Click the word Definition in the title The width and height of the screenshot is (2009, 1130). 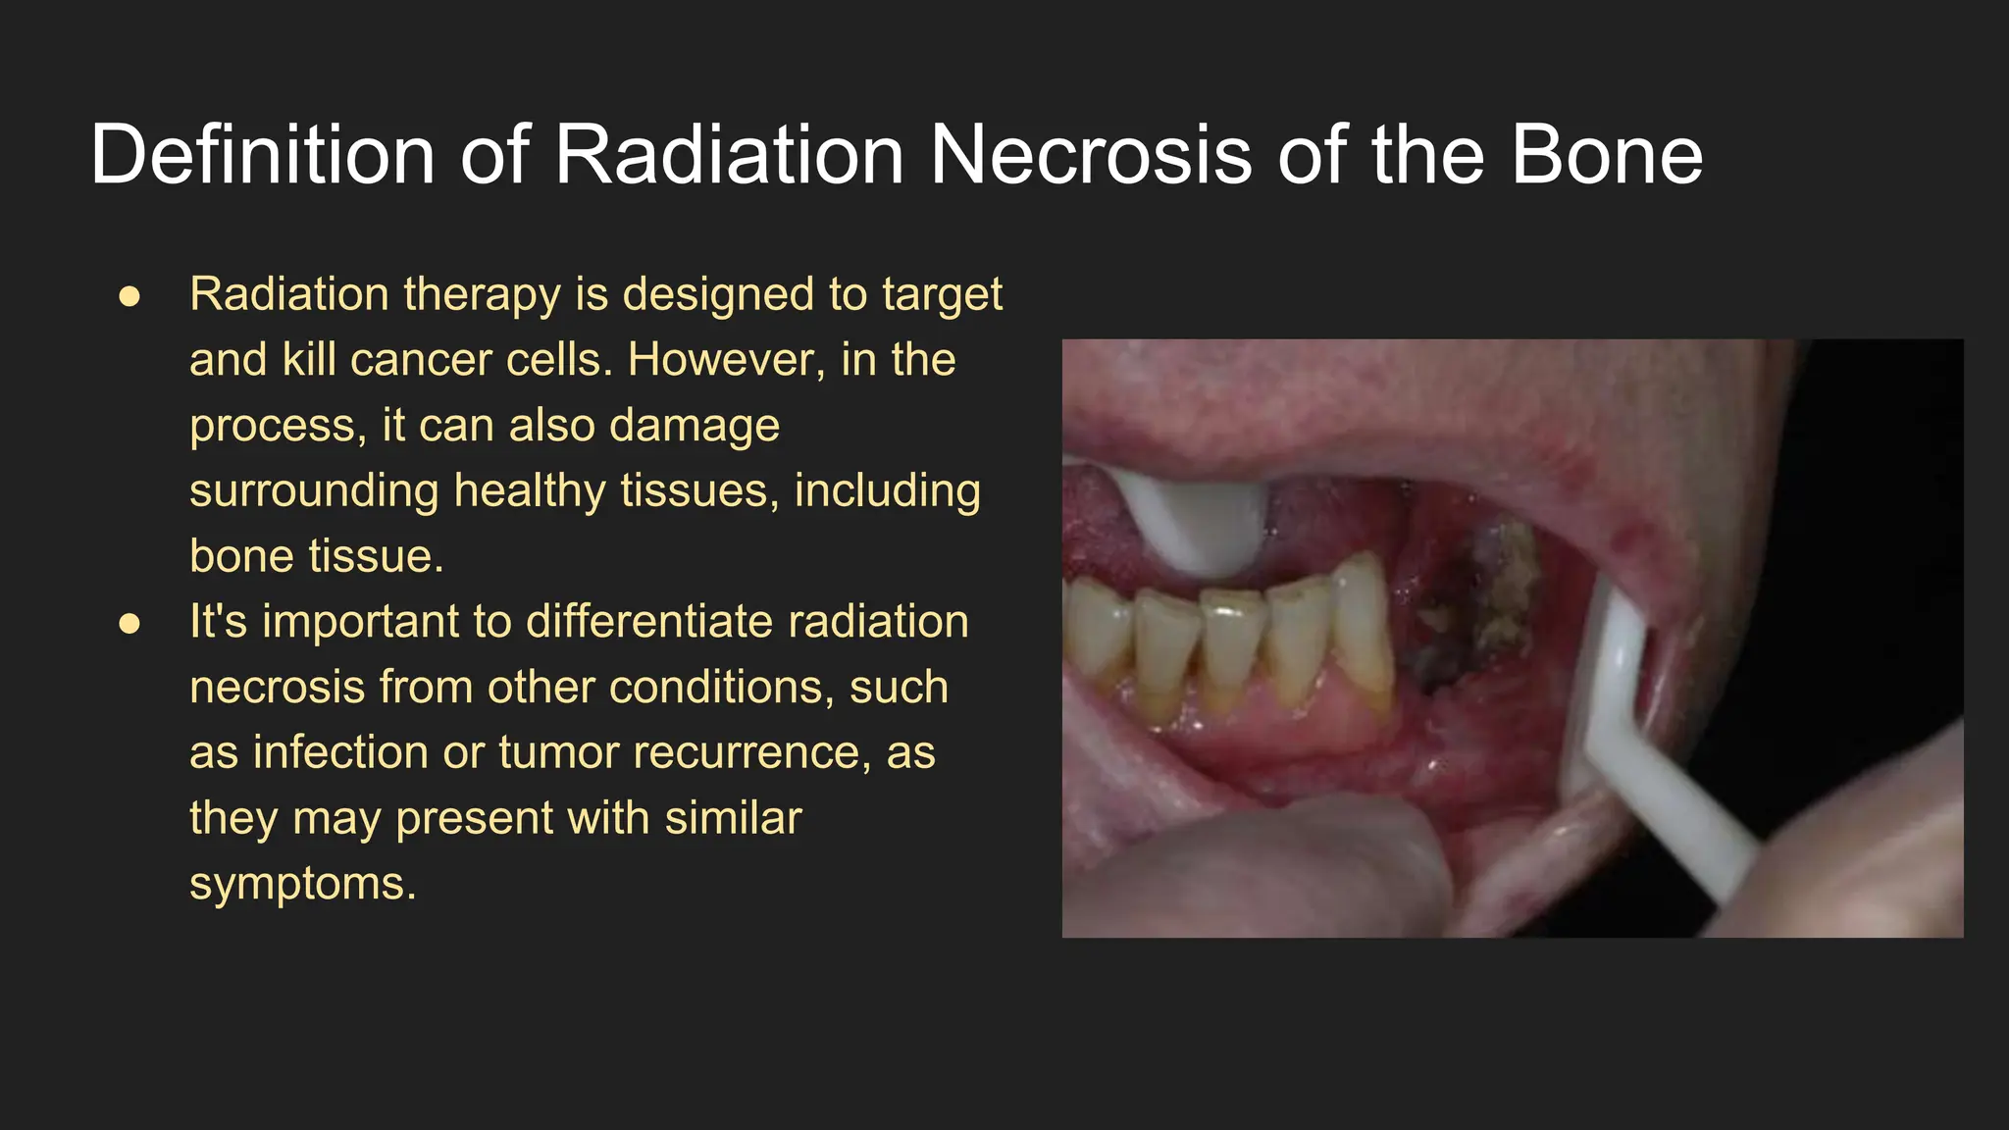click(262, 155)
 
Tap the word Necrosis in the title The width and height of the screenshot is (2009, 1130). click(1089, 155)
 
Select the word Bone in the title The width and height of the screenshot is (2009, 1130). click(1606, 155)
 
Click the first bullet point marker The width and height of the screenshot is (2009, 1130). click(129, 296)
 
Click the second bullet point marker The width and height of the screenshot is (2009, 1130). click(129, 624)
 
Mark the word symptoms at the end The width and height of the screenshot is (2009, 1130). click(302, 884)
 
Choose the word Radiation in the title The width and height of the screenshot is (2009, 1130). click(729, 155)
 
